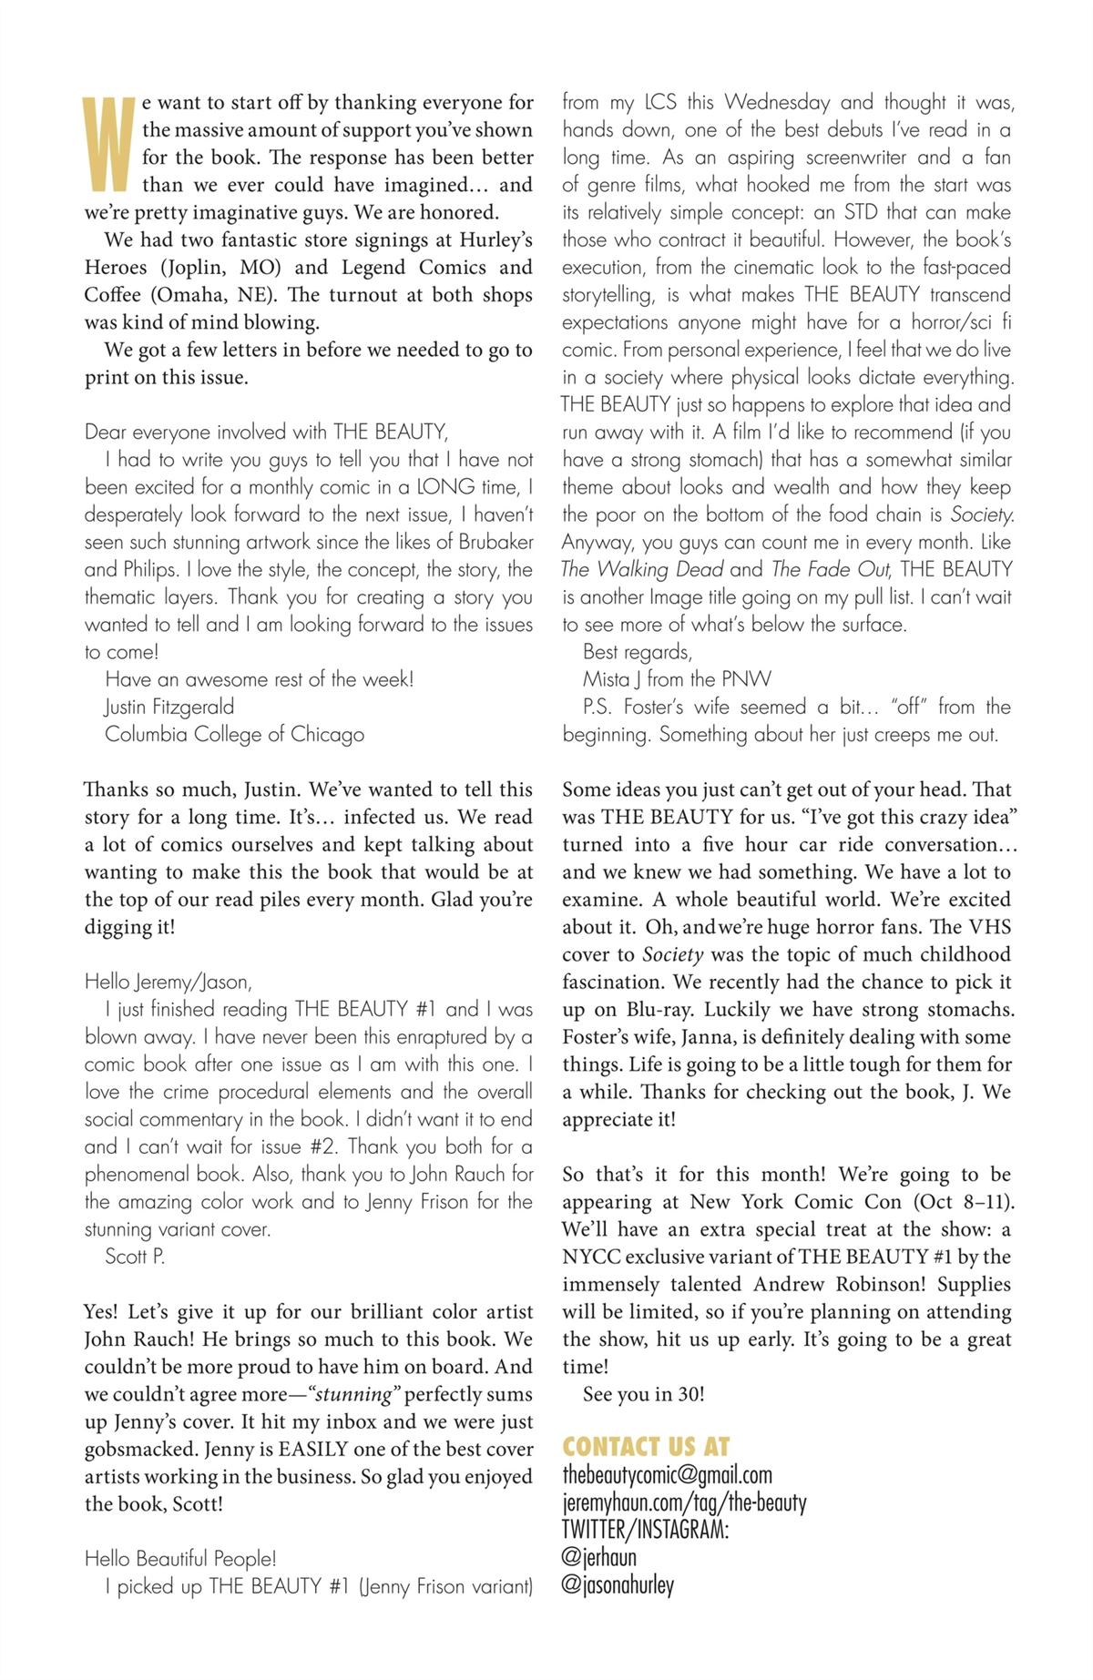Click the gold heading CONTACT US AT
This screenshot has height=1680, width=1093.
pos(646,1447)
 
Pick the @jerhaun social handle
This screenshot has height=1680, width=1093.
pos(599,1557)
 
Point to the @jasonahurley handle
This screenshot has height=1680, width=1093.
pos(618,1585)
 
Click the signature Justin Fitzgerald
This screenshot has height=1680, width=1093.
pos(169,707)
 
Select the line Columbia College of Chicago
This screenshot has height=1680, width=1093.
pos(234,734)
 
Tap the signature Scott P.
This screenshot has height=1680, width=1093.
pos(135,1257)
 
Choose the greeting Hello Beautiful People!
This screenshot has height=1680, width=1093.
pos(180,1559)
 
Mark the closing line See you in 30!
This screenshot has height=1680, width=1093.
pos(643,1394)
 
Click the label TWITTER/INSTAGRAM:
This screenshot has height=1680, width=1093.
pos(645,1530)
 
